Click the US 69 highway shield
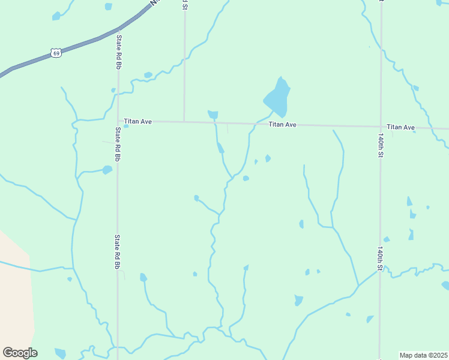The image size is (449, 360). (56, 53)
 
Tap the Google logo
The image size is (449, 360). (20, 353)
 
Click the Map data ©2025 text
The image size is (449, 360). (423, 355)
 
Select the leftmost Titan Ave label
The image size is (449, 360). (138, 121)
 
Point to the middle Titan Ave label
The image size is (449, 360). (283, 125)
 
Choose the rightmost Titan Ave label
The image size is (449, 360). (401, 127)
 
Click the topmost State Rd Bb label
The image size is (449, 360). (119, 52)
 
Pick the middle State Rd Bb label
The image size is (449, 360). (118, 144)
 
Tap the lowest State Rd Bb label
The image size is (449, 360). (118, 251)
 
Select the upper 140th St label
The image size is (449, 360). (381, 146)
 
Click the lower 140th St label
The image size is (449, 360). (380, 259)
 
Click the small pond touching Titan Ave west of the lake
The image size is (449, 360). (212, 114)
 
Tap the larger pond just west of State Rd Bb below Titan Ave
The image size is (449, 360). (107, 170)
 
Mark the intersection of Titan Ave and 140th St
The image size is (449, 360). (381, 127)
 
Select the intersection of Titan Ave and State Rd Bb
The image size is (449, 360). (118, 121)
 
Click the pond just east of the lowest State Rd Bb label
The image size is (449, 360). (143, 277)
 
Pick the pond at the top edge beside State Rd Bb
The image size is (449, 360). (109, 7)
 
